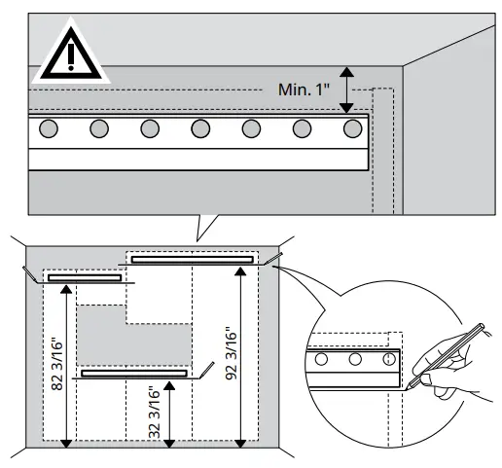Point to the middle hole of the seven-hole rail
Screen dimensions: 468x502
coord(200,128)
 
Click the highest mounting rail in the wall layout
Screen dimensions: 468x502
coord(193,259)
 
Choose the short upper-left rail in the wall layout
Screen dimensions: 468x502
coord(85,278)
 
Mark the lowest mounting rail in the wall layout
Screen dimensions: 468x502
coord(134,373)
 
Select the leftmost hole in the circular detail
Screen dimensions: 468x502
coord(324,360)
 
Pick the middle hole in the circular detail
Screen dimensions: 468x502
coord(355,360)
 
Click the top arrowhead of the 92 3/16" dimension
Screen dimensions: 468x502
coord(241,271)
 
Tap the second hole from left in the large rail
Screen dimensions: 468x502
coord(98,128)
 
